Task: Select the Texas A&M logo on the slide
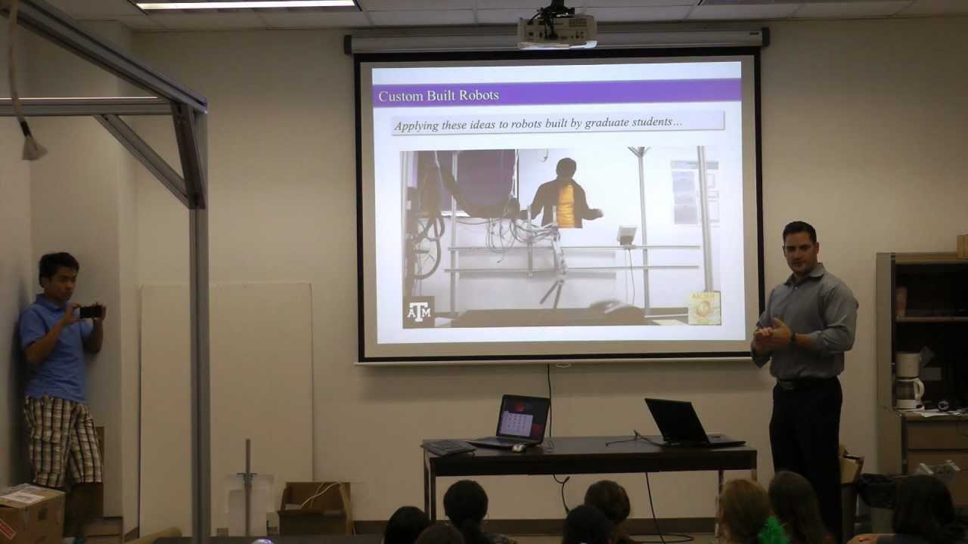tap(418, 311)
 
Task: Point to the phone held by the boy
tap(90, 311)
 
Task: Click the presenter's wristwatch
tap(792, 338)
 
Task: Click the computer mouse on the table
tap(518, 448)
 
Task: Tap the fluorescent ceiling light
tap(246, 5)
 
